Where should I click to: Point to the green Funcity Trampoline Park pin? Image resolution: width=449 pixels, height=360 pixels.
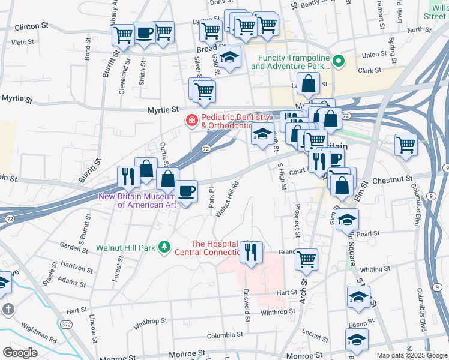point(339,61)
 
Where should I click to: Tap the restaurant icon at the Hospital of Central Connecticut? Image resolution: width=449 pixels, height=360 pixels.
point(251,251)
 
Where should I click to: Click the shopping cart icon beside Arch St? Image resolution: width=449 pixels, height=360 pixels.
point(306,259)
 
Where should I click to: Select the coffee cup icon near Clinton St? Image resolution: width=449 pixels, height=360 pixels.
point(144,33)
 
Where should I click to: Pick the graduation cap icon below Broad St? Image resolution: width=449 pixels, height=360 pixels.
point(228,58)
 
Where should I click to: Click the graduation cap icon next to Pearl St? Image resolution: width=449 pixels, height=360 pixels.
point(347,219)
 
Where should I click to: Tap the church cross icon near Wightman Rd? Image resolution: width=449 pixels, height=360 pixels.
point(8,310)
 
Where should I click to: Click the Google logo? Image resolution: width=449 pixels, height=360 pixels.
point(20,353)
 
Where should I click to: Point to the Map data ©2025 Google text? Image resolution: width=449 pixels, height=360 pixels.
point(412,355)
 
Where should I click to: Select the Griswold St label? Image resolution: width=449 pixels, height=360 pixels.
point(246,304)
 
